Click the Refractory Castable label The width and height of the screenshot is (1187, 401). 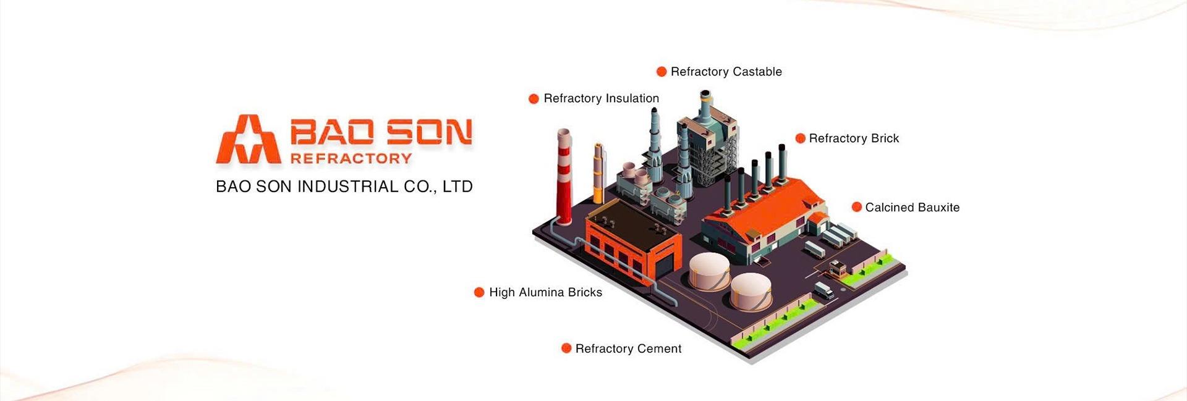(726, 72)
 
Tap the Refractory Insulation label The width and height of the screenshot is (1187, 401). (601, 98)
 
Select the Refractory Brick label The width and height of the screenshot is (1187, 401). (854, 138)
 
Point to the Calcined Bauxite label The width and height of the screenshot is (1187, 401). (912, 208)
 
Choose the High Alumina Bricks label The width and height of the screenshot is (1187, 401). (545, 292)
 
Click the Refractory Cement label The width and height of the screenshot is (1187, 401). (628, 348)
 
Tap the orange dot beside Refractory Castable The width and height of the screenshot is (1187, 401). (662, 72)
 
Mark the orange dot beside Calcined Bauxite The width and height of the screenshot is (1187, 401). (857, 207)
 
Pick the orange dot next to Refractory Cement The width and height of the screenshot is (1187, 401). (566, 348)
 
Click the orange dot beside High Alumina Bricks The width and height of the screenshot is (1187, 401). (479, 292)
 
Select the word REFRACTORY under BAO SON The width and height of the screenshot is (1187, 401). (351, 159)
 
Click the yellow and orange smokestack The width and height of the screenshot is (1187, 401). (598, 173)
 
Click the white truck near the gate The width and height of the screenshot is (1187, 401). (823, 290)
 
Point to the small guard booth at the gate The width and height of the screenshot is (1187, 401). (837, 268)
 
